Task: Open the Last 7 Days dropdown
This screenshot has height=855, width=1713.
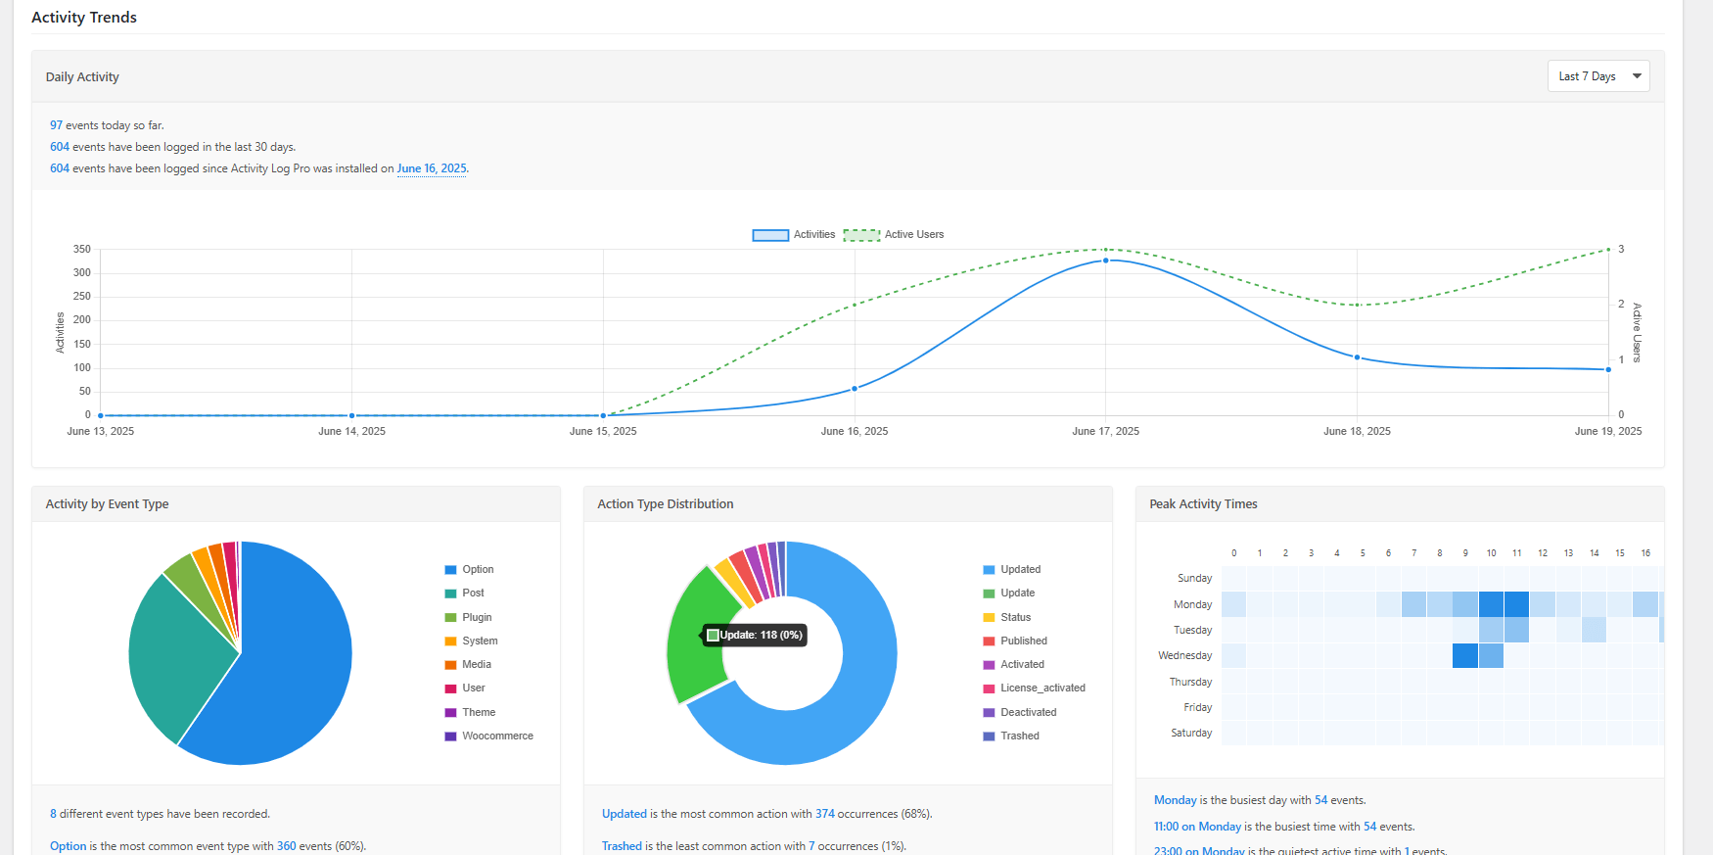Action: coord(1597,76)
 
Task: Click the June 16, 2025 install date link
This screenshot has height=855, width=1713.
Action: coord(431,168)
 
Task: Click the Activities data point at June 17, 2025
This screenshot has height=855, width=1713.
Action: coord(1105,261)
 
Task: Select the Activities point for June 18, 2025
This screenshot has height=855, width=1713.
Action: coord(1357,357)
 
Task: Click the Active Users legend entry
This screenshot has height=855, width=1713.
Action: coord(894,235)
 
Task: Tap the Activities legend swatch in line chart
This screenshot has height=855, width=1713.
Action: coord(770,235)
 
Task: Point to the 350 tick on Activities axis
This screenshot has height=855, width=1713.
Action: coord(82,249)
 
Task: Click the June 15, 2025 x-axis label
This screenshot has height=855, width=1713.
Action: coord(603,431)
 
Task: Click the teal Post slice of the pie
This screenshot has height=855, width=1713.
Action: coord(176,656)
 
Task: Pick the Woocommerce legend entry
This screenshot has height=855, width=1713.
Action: coord(497,736)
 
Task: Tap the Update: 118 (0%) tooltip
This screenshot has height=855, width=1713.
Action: coord(755,636)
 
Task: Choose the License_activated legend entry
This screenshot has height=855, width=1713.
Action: coord(1042,688)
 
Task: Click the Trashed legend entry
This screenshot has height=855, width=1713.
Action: coord(1019,736)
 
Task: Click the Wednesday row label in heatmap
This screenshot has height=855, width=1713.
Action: coord(1184,655)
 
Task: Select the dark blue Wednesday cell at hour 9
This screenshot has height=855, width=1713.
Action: coord(1465,655)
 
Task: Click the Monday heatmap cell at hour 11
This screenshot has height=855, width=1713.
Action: coord(1516,604)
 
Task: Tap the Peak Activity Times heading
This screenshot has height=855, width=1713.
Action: coord(1203,504)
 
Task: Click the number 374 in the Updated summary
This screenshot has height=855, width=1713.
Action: coord(824,814)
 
